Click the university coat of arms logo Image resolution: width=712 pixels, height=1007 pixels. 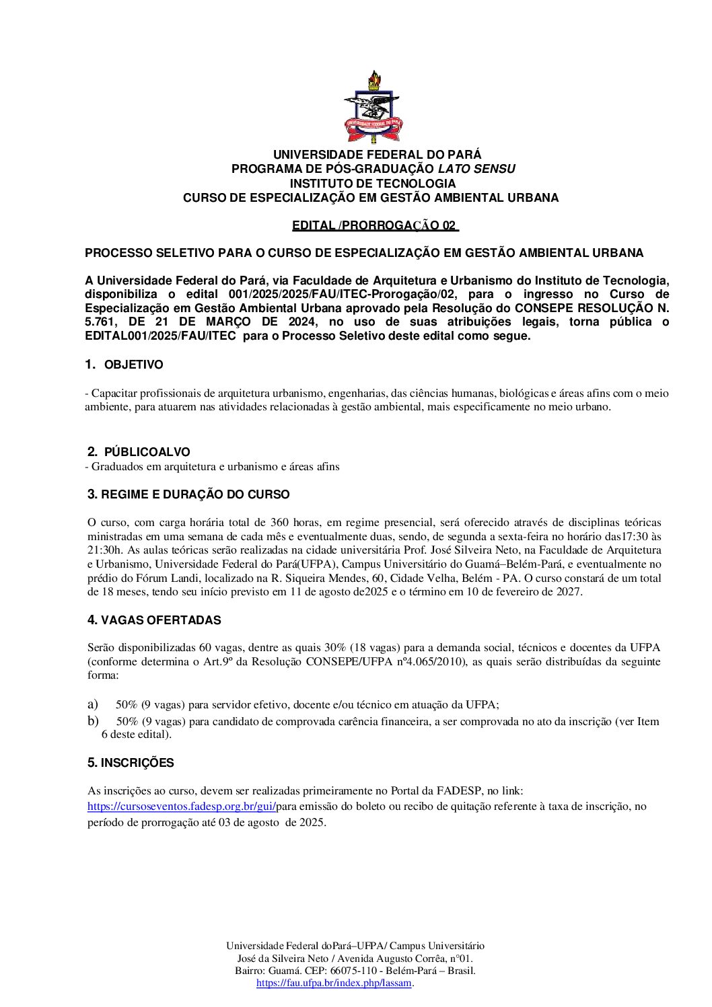(373, 106)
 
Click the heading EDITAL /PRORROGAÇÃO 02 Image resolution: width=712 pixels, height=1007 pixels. (374, 225)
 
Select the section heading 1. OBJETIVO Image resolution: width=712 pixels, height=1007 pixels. (124, 365)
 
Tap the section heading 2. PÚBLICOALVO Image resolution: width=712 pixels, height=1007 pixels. (139, 452)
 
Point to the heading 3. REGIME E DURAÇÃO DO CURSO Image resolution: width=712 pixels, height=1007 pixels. (188, 494)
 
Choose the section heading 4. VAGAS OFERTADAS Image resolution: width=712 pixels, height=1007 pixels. (154, 620)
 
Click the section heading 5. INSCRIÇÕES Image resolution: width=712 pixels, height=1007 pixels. (131, 763)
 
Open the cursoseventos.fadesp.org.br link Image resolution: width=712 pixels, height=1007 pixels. (181, 806)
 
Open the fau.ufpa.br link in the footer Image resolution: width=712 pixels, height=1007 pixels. (334, 983)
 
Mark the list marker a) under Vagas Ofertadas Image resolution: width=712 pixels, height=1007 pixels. (93, 704)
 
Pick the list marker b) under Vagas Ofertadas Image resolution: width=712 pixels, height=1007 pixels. (93, 721)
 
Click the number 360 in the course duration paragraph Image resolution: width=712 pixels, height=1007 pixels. (279, 523)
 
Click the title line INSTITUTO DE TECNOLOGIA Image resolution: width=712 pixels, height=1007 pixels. (373, 183)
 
